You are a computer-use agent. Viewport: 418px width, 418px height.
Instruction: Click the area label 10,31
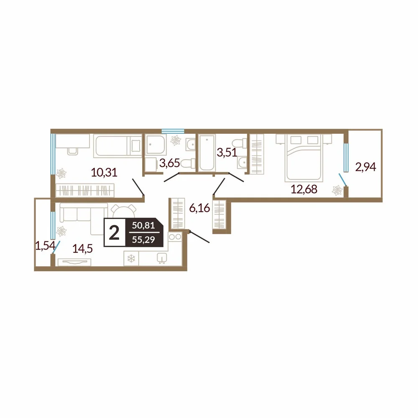click(104, 173)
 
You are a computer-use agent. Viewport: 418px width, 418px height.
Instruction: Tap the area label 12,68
click(304, 189)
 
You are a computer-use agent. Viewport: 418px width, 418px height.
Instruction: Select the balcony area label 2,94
click(365, 167)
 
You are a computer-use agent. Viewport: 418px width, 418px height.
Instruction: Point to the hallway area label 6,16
click(199, 208)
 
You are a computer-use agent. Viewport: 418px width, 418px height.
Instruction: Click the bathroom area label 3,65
click(170, 163)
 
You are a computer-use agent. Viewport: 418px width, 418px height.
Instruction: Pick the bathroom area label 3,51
click(227, 153)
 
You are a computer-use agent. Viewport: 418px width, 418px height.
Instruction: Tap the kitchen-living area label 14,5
click(83, 249)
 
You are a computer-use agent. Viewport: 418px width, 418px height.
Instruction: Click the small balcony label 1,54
click(45, 245)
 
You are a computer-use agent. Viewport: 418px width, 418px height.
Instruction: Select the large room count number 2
click(115, 233)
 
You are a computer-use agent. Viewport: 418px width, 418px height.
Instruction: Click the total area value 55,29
click(143, 240)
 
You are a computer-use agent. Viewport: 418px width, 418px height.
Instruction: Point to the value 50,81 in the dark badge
click(143, 226)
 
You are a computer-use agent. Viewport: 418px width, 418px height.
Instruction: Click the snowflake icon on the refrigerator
click(131, 258)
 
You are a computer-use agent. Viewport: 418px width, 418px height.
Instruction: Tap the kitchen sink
click(162, 258)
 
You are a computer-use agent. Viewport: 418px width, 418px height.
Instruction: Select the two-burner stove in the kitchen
click(175, 237)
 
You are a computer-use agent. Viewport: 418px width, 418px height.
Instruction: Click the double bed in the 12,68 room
click(303, 158)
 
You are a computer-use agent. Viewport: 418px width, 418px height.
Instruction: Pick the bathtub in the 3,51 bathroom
click(207, 153)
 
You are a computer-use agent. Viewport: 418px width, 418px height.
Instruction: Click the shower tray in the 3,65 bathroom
click(155, 144)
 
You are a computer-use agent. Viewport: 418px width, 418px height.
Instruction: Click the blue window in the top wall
click(173, 131)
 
